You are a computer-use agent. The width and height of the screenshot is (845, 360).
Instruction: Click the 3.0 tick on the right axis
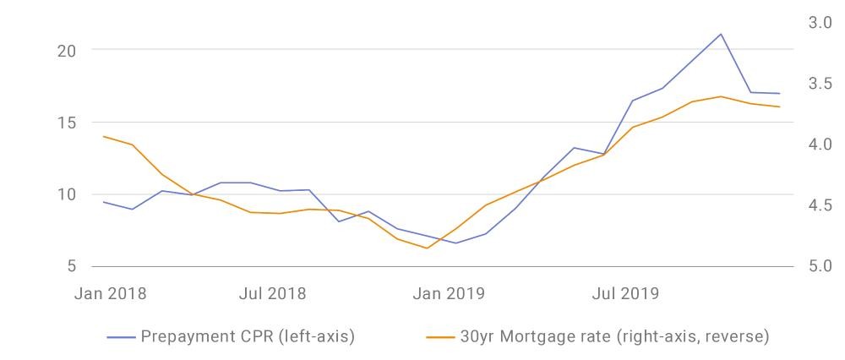(820, 23)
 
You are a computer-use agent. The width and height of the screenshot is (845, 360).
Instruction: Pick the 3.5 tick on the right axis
(820, 84)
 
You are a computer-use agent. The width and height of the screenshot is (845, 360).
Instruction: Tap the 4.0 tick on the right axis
(820, 145)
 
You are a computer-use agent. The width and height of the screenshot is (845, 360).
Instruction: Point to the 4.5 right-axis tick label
(820, 205)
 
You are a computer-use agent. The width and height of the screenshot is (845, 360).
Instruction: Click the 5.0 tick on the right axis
(820, 266)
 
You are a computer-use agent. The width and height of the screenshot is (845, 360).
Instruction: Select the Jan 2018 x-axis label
(111, 294)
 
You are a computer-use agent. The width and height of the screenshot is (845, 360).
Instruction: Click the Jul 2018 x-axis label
(272, 294)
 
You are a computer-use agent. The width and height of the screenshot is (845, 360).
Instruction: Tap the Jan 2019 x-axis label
(449, 294)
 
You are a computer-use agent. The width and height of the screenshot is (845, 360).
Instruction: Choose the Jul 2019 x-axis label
(625, 294)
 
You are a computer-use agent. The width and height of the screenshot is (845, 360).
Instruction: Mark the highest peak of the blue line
(721, 34)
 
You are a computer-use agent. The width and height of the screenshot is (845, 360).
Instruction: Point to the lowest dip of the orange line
(427, 248)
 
